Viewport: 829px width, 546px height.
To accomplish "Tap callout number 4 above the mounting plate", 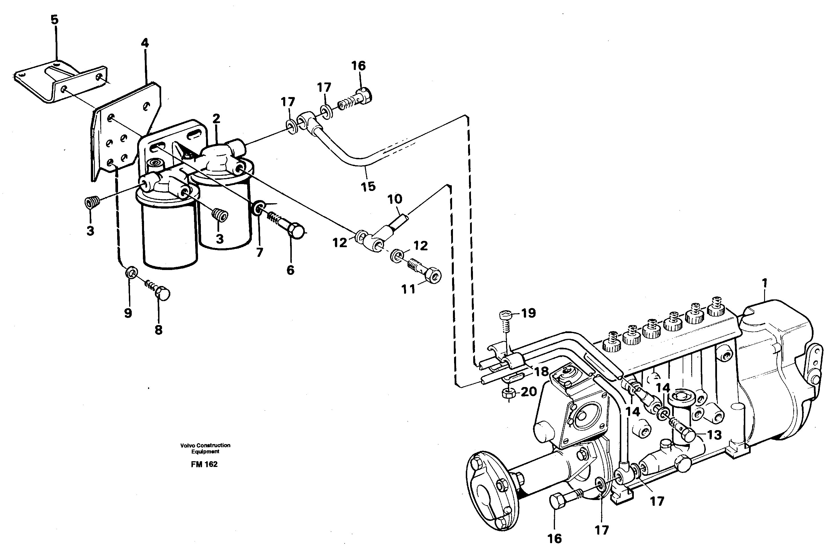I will pos(145,43).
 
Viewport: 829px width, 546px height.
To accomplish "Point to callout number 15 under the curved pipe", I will pos(368,186).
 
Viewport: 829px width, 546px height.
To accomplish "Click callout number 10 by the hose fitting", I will pos(395,199).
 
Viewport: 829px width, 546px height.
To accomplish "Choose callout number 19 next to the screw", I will pos(528,313).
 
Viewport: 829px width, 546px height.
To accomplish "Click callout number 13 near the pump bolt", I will pos(714,435).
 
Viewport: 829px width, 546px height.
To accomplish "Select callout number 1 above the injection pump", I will pos(764,283).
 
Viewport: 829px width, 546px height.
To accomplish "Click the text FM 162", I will pos(204,464).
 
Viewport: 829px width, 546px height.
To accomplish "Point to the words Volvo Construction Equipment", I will pos(205,448).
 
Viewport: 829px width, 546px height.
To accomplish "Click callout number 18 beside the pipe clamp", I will pos(542,372).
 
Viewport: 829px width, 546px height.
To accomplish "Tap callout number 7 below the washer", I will pos(259,252).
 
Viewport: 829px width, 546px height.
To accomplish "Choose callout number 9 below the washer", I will pos(128,313).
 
